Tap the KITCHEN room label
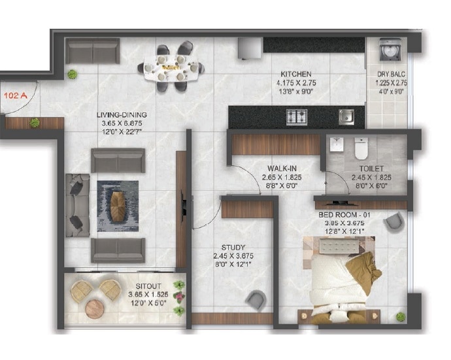(x=295, y=74)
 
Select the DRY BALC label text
(x=391, y=74)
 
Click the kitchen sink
(x=346, y=117)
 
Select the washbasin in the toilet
(x=337, y=145)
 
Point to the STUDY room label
(x=233, y=247)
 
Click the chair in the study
(x=256, y=301)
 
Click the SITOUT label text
(x=148, y=286)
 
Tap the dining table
(x=171, y=67)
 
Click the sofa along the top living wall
(x=93, y=51)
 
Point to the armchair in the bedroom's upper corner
(x=394, y=222)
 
